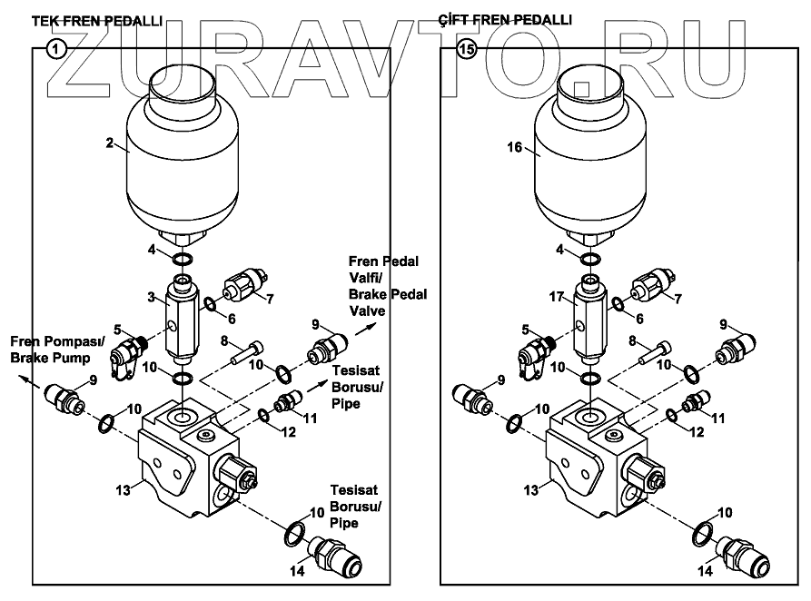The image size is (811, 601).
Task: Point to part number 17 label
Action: pyautogui.click(x=557, y=296)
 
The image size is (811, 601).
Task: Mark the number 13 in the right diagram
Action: pyautogui.click(x=531, y=490)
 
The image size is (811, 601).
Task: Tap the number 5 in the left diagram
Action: pyautogui.click(x=116, y=330)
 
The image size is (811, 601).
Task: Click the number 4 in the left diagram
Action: pyautogui.click(x=153, y=249)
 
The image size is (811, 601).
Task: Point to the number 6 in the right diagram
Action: pyautogui.click(x=639, y=319)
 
